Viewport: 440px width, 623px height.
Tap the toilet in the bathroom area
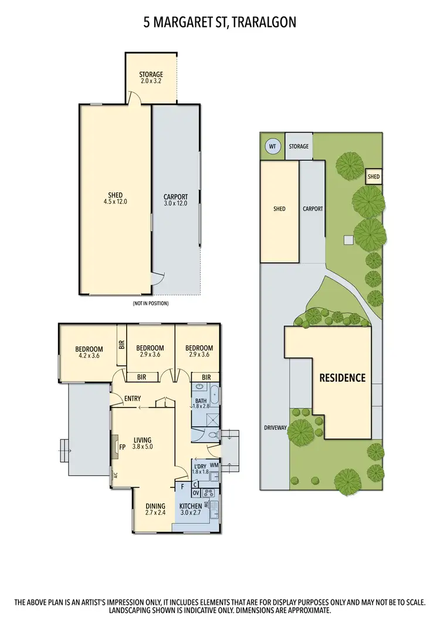[211, 436]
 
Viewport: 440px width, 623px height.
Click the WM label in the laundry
[214, 465]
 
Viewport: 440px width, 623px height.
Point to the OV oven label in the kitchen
[197, 492]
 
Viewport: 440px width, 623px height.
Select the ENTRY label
[133, 399]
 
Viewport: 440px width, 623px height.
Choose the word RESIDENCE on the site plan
[342, 378]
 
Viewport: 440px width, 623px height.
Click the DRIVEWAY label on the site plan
[275, 428]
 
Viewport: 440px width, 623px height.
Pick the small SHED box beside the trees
[374, 177]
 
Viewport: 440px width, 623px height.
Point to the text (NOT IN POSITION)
[151, 304]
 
